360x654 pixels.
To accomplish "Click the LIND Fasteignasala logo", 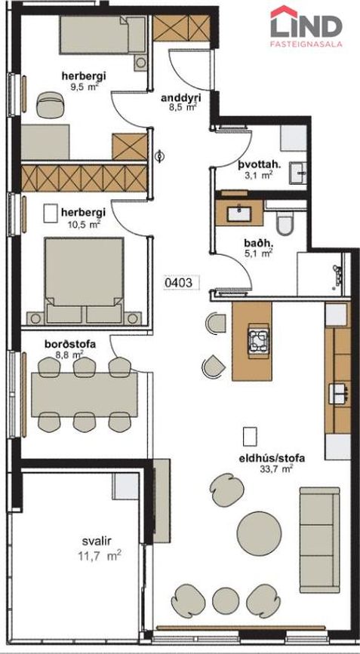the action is (x=306, y=26).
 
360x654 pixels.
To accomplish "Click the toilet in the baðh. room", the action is (x=286, y=223).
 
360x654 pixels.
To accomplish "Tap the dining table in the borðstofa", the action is (x=85, y=395).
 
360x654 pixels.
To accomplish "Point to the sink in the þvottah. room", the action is (x=298, y=172).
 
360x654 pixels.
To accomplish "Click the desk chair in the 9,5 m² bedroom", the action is (x=50, y=105).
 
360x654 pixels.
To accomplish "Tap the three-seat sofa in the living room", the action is (x=319, y=539).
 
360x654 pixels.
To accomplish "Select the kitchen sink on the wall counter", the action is (x=338, y=394).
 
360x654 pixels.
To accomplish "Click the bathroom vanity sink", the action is (x=239, y=213).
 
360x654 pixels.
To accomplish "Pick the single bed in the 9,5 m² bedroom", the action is (x=102, y=35).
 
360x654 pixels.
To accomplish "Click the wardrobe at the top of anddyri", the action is (x=180, y=29).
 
